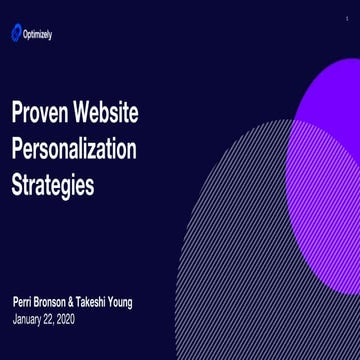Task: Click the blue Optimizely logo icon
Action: tap(16, 34)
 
